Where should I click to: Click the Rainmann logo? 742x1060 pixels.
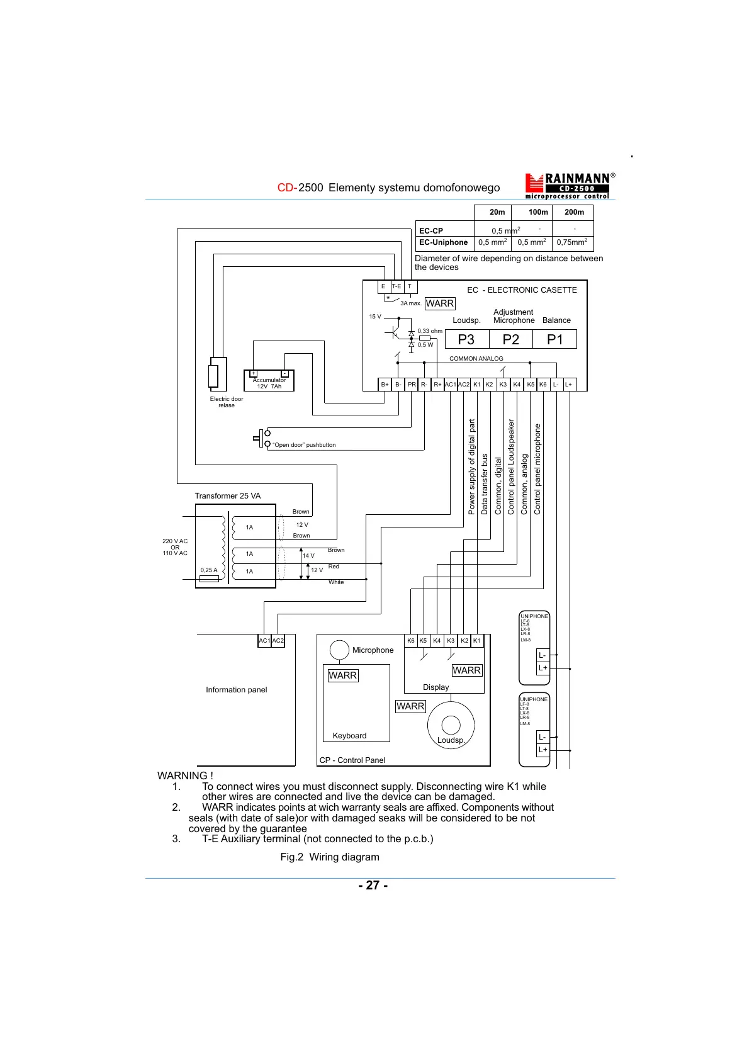(569, 186)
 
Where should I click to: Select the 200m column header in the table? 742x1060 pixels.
(574, 212)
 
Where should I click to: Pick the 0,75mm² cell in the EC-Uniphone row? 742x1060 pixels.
(571, 242)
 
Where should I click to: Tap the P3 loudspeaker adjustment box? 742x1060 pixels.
(466, 339)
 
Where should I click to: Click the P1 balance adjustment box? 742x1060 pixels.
(554, 339)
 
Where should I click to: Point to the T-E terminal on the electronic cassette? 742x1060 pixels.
(396, 286)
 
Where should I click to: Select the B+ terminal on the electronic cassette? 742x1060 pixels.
(385, 384)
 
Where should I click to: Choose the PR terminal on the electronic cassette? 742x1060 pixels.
(412, 384)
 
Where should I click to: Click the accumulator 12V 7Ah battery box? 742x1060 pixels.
(269, 380)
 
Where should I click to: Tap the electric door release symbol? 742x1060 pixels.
(214, 376)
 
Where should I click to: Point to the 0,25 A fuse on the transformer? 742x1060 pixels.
(209, 578)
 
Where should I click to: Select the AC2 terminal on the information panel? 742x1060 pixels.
(278, 641)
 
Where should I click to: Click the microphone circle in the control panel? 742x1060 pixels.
(339, 650)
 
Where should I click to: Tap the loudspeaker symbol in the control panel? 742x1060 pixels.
(451, 725)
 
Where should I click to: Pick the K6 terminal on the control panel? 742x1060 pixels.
(410, 641)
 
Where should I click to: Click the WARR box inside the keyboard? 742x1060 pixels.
(343, 675)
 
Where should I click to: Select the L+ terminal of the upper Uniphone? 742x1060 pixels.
(542, 668)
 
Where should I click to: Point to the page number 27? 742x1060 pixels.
(373, 885)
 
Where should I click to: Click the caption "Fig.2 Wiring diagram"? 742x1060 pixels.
(330, 857)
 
